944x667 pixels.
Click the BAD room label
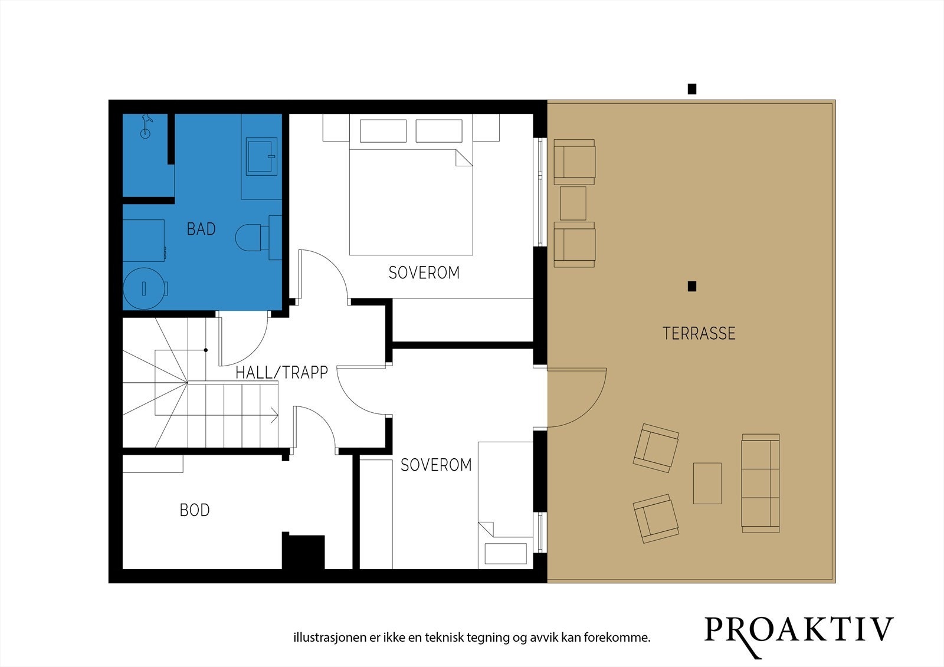point(201,229)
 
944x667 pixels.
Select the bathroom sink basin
point(261,156)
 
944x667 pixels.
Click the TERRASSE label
point(699,333)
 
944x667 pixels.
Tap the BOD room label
point(195,510)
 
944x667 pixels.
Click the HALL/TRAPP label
point(281,373)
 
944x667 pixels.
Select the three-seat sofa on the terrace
point(761,483)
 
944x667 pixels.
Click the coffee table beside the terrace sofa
point(707,483)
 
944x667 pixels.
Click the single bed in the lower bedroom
point(505,505)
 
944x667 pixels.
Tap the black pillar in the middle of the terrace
point(691,287)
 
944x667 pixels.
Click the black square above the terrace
point(691,89)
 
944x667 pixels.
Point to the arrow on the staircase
point(274,415)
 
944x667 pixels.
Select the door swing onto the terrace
point(576,397)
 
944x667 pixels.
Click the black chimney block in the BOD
point(303,551)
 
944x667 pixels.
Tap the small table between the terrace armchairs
point(573,203)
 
